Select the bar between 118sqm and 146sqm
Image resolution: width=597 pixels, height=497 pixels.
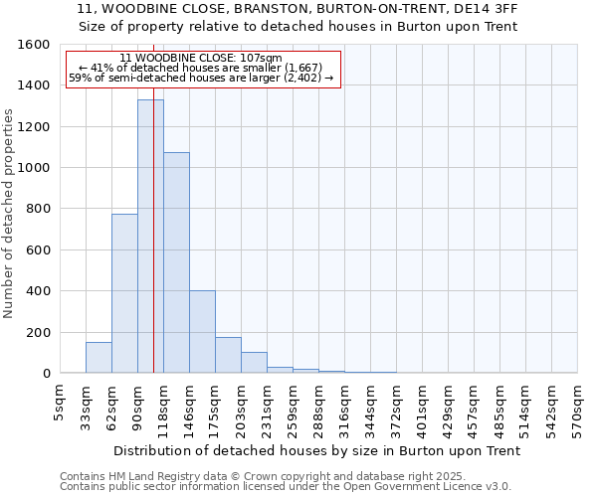pyautogui.click(x=176, y=262)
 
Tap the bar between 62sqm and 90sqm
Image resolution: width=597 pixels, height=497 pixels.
pyautogui.click(x=124, y=293)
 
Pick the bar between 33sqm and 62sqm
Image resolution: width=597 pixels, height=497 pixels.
pyautogui.click(x=99, y=358)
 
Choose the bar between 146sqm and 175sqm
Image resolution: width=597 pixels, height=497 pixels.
pyautogui.click(x=202, y=332)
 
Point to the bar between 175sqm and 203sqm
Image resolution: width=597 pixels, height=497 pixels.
pyautogui.click(x=228, y=355)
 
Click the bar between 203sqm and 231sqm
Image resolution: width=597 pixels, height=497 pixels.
pyautogui.click(x=254, y=363)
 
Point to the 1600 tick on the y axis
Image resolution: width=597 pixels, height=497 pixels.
pyautogui.click(x=35, y=45)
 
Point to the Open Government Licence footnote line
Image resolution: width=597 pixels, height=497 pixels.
pyautogui.click(x=286, y=487)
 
